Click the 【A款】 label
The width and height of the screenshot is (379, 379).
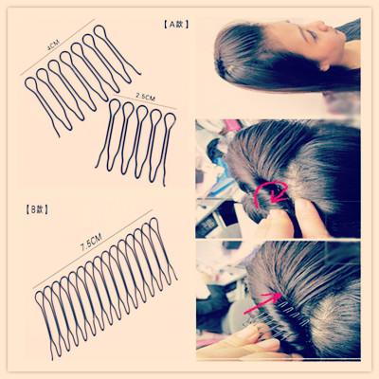point(176,25)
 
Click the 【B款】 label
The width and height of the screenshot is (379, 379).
point(37,209)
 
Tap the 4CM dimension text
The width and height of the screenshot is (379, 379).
point(52,45)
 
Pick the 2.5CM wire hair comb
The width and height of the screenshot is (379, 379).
point(135,140)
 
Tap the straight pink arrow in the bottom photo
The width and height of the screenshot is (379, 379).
point(262,302)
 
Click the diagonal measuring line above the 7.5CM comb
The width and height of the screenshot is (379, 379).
point(93,249)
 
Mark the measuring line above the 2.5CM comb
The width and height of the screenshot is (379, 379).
point(145,101)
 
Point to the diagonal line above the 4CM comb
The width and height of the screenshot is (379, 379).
point(58,47)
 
